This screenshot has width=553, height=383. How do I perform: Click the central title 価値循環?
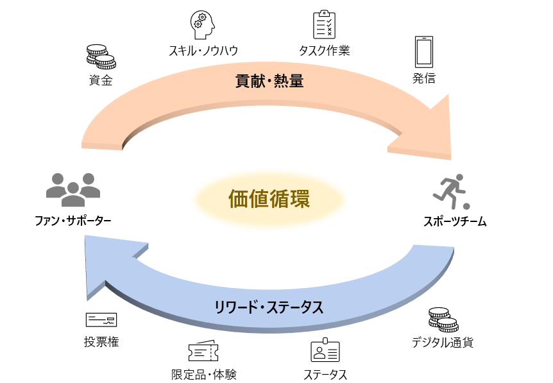[x=269, y=199]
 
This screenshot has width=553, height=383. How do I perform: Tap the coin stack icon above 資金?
[x=101, y=56]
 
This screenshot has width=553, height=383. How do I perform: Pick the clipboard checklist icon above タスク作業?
[x=324, y=24]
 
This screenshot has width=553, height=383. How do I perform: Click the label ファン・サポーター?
[x=73, y=221]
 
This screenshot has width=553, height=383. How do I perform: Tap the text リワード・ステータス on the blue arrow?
[x=269, y=307]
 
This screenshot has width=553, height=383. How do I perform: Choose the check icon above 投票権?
[x=101, y=319]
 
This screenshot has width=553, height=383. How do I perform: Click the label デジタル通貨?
[x=443, y=342]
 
